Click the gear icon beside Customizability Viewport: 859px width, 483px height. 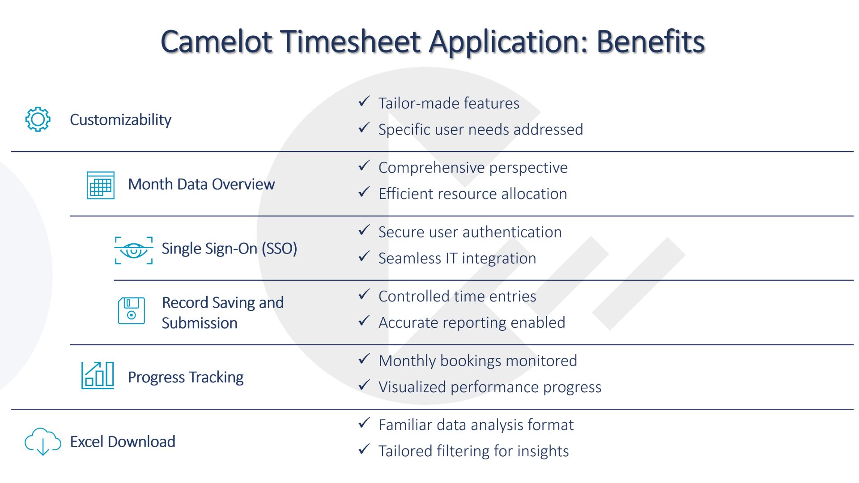(38, 119)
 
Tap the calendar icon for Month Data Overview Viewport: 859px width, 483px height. (101, 185)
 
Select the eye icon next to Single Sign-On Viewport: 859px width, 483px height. (134, 250)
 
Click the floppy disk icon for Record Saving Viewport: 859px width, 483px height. (132, 311)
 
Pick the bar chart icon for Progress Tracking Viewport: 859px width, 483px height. (98, 375)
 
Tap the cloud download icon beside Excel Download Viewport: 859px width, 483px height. (43, 441)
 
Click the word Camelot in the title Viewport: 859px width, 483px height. (217, 42)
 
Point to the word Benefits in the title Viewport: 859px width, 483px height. (651, 42)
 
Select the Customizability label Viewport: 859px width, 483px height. (121, 120)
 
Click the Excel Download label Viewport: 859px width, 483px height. (123, 442)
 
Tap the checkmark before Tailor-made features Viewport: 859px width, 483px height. (364, 102)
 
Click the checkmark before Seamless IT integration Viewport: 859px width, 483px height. (364, 257)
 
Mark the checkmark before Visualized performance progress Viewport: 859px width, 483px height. (364, 385)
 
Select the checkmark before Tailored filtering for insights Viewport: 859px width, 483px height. (364, 449)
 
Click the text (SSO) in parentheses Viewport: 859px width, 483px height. (280, 249)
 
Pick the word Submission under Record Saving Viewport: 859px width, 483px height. (200, 323)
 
